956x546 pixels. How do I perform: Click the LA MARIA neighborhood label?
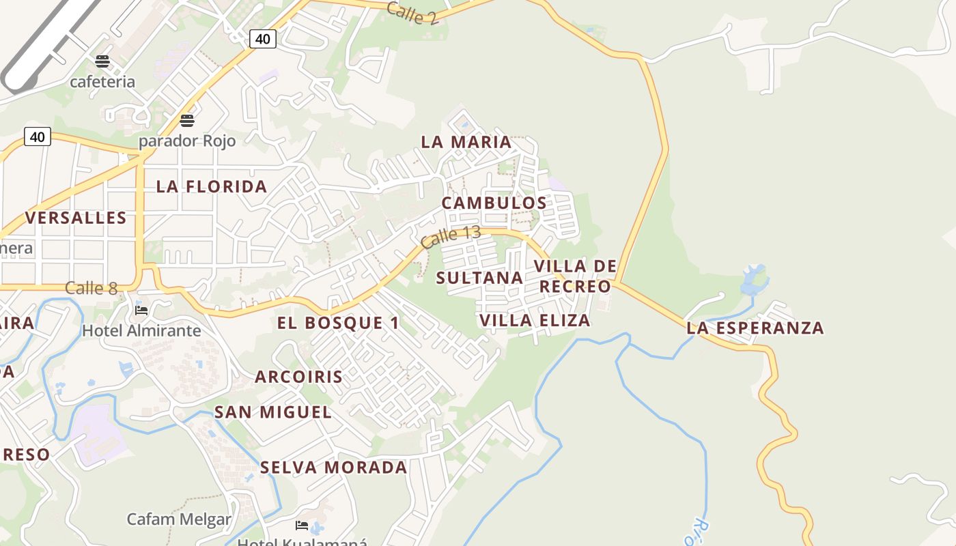[x=466, y=142]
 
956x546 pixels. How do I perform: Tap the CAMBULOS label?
[x=494, y=203]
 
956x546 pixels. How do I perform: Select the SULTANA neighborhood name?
[x=479, y=278]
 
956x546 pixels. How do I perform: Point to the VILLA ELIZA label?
[x=535, y=321]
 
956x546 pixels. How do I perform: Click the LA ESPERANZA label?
[x=755, y=328]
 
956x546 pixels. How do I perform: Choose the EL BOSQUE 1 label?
[x=338, y=323]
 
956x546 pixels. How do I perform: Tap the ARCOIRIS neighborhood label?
[x=299, y=377]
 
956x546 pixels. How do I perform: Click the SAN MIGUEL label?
[x=273, y=412]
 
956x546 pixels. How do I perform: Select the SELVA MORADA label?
[x=333, y=468]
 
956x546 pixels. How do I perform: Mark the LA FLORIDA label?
[x=212, y=186]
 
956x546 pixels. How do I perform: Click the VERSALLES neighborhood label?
[x=76, y=218]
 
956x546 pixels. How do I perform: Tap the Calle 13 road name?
[x=451, y=236]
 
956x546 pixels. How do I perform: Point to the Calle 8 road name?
[x=92, y=288]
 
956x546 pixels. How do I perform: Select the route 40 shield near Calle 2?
[x=262, y=39]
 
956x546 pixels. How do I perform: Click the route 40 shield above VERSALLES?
[x=38, y=137]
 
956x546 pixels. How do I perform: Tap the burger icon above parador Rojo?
[x=187, y=121]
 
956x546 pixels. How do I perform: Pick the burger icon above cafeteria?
[x=102, y=61]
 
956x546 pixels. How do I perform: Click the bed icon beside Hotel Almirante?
[x=141, y=310]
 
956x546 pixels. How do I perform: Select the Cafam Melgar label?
[x=179, y=519]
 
